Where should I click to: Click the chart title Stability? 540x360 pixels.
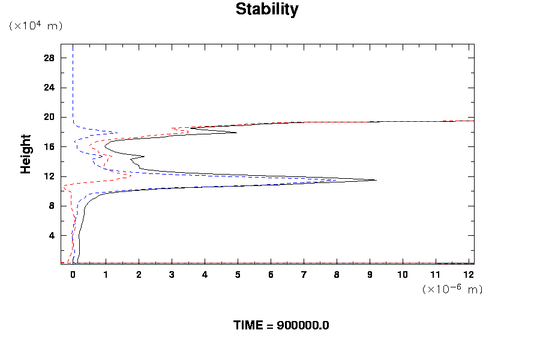[x=266, y=10]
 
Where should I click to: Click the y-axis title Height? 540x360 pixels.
[x=26, y=154]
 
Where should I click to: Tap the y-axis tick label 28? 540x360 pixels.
[x=49, y=58]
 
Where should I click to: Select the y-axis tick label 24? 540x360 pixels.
[x=49, y=87]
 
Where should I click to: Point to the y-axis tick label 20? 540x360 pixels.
[x=49, y=117]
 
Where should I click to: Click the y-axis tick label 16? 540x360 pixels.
[x=49, y=146]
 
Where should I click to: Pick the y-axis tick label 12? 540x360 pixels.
[x=49, y=176]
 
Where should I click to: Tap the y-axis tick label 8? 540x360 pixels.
[x=52, y=206]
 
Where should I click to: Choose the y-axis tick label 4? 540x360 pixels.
[x=52, y=235]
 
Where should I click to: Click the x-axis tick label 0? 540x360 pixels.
[x=73, y=274]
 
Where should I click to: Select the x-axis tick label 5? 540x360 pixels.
[x=238, y=274]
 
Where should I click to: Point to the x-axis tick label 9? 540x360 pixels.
[x=370, y=274]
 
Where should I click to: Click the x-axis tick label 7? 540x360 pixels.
[x=304, y=274]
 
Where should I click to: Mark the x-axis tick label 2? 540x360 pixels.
[x=139, y=274]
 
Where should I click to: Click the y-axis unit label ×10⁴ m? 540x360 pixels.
[x=35, y=26]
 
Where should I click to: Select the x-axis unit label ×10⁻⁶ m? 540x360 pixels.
[x=452, y=289]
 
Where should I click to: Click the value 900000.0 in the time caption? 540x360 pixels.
[x=303, y=326]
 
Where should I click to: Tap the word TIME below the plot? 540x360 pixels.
[x=248, y=326]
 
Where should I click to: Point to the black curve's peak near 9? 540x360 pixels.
[x=376, y=180]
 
